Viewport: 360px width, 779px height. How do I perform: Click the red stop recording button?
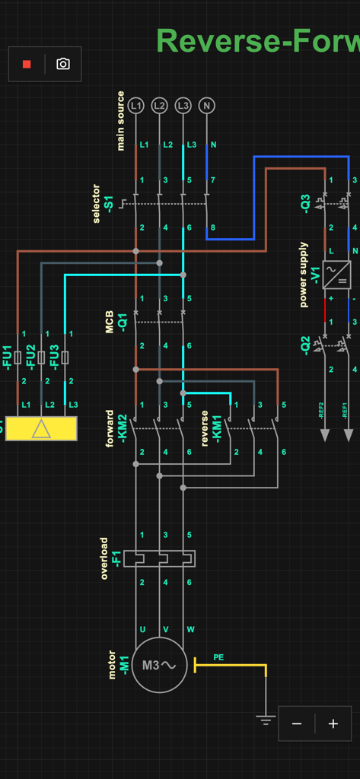pos(27,65)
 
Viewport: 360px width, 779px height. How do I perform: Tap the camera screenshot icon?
pos(63,65)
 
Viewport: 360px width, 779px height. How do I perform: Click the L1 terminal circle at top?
pos(135,106)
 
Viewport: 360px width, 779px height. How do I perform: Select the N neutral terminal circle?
pos(206,106)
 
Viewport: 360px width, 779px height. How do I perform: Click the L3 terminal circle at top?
pos(183,106)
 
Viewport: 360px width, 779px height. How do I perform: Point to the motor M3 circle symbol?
pos(159,665)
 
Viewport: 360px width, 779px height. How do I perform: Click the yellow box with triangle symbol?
pos(42,429)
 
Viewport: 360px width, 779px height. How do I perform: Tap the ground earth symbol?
pos(266,719)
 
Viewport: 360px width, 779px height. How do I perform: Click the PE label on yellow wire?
pos(218,657)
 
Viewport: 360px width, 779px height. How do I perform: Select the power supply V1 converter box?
pos(336,275)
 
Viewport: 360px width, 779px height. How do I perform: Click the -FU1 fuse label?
pos(8,357)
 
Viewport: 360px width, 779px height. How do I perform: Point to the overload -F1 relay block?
pos(159,559)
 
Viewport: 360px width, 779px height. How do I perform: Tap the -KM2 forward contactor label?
pos(121,428)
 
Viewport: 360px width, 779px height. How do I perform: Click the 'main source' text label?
pos(121,121)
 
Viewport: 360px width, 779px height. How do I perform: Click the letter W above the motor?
pos(190,629)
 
